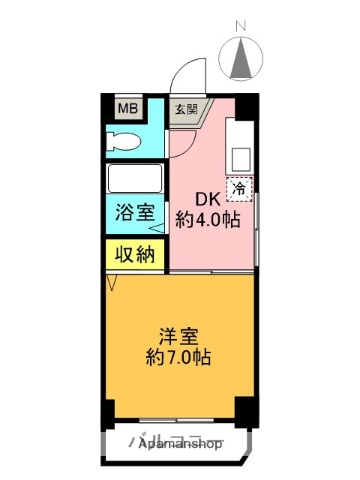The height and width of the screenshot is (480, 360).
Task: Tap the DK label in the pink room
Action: (205, 196)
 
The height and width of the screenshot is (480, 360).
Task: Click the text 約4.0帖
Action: (208, 219)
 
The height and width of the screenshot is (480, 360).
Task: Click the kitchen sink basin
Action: (240, 156)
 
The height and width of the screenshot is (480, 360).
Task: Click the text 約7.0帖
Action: (180, 355)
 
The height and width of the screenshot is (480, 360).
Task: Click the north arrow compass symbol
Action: (240, 58)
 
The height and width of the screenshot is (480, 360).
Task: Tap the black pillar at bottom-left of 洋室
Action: (109, 411)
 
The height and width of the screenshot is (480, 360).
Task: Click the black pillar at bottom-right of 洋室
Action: (243, 409)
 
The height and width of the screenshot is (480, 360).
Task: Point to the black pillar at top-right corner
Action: (251, 104)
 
